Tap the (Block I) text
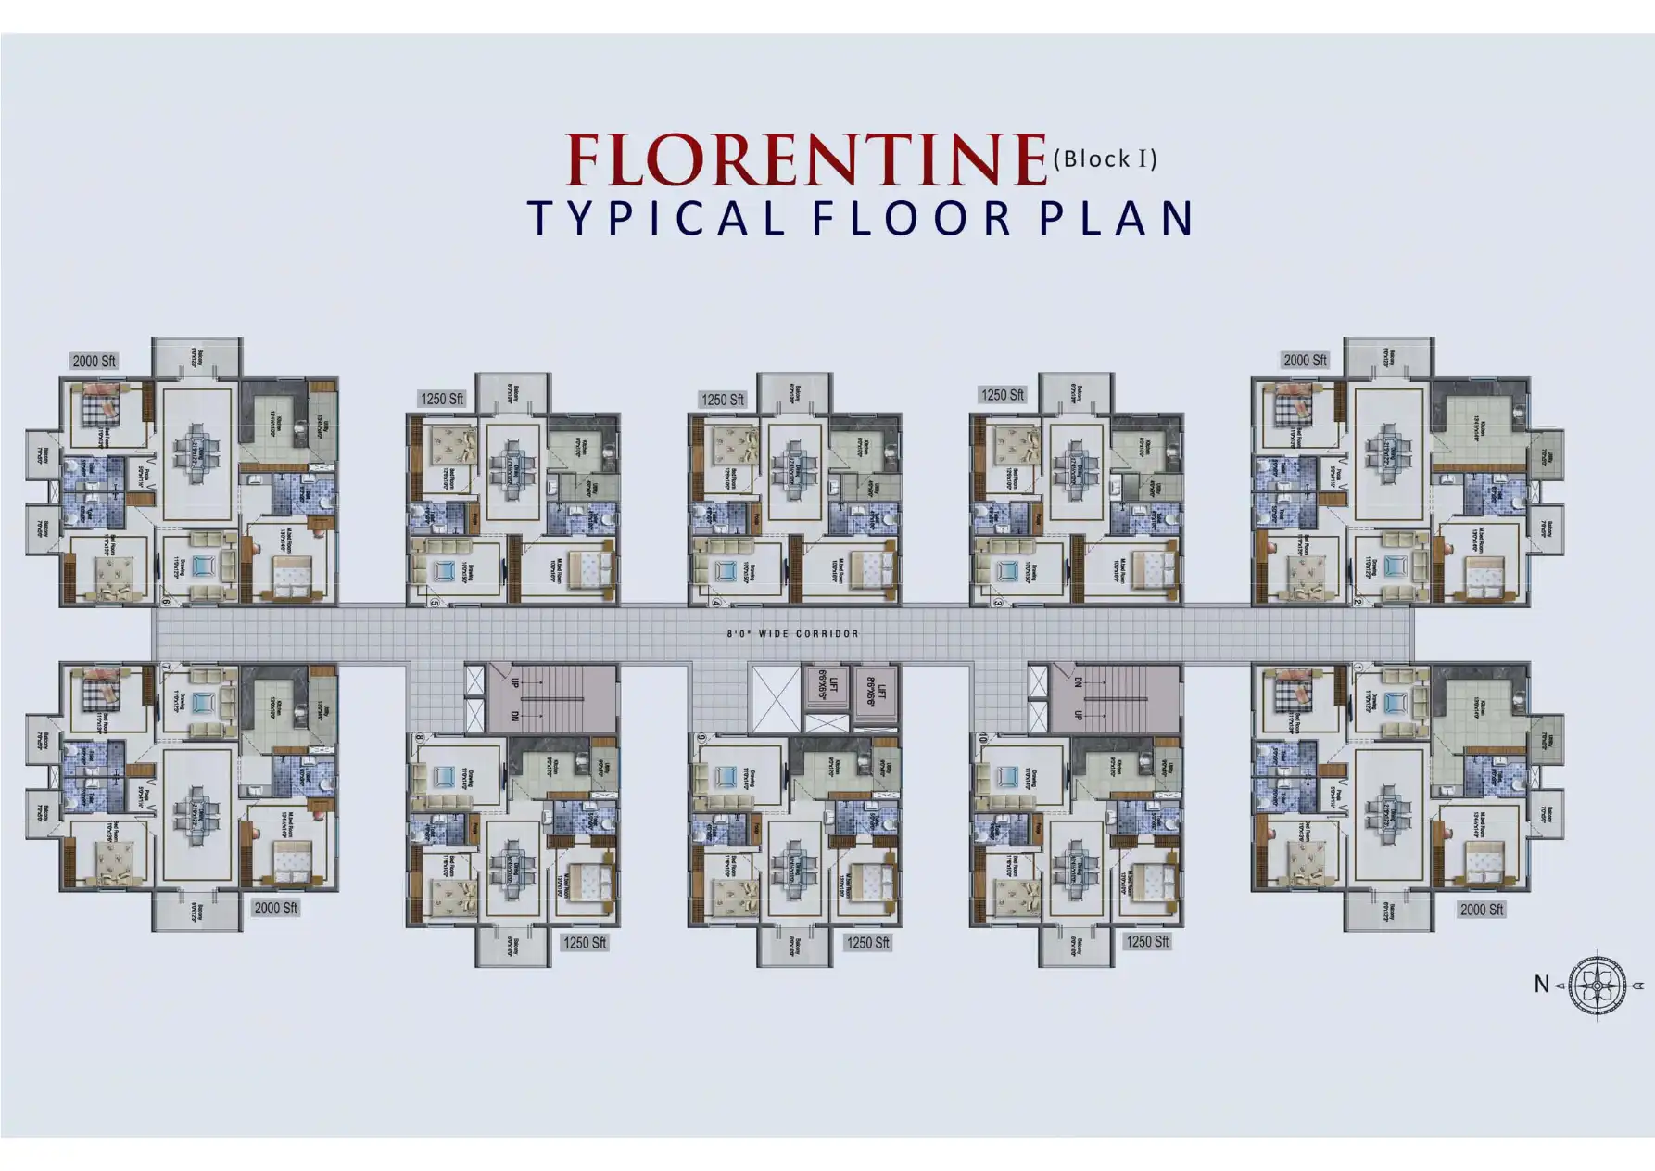(1105, 159)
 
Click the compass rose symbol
(1598, 985)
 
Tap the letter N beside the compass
(1541, 985)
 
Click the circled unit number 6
(166, 603)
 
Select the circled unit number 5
(434, 603)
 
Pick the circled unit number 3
(997, 603)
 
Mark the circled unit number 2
(1357, 603)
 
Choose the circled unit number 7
(166, 668)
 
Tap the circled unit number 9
(701, 739)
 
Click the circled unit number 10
(982, 739)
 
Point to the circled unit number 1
(1358, 668)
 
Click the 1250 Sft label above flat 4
(723, 400)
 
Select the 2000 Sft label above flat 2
(1305, 360)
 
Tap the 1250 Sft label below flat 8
(585, 943)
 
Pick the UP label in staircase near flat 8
(514, 681)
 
